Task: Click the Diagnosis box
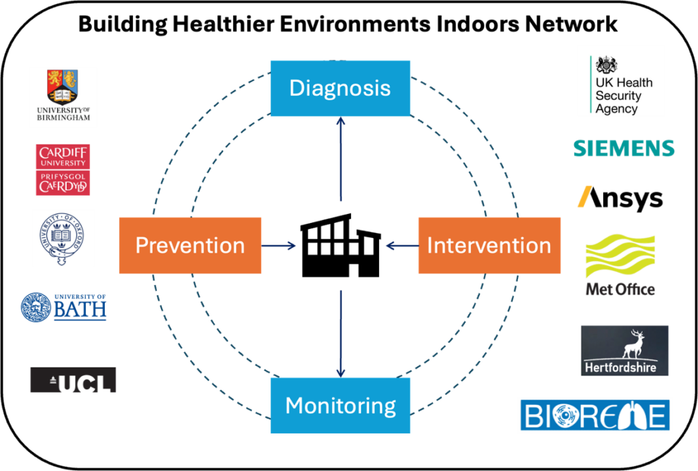point(340,89)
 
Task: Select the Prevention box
point(189,245)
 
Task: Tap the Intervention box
point(489,245)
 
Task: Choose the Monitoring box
point(340,406)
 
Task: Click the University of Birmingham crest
point(62,86)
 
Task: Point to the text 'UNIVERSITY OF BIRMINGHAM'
point(63,113)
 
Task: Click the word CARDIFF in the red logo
point(63,152)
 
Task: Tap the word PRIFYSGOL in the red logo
point(61,174)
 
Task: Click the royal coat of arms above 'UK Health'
point(607,65)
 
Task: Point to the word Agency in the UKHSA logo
point(616,109)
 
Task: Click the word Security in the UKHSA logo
point(618,96)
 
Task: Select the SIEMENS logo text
point(624,149)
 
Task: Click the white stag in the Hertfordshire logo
point(635,344)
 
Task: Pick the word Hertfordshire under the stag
point(620,367)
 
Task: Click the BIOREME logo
point(594,415)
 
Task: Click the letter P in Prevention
point(142,245)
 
